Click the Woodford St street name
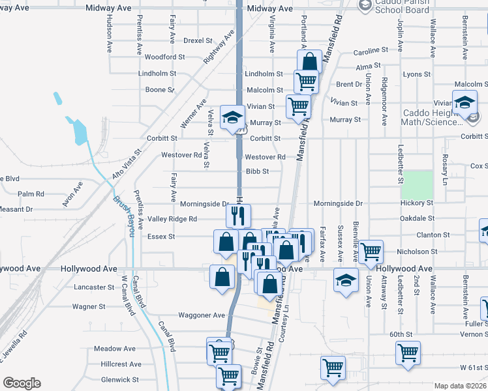(160, 57)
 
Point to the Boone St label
(160, 90)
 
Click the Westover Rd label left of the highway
(181, 155)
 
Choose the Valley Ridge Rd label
(172, 219)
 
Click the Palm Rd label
(31, 194)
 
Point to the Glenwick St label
(119, 379)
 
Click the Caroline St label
(371, 51)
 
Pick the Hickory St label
(418, 203)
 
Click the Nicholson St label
(417, 252)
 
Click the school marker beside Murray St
(232, 117)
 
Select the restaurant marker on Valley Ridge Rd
(238, 214)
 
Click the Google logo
(22, 383)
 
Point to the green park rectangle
(416, 185)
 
